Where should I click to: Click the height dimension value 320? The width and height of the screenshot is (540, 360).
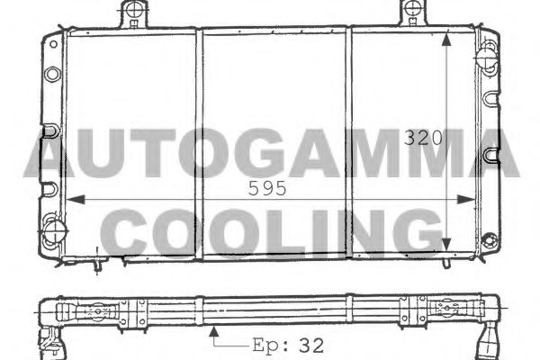422,139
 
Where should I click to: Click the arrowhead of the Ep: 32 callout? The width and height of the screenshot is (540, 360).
212,330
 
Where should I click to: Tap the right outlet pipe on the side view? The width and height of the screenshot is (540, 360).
491,340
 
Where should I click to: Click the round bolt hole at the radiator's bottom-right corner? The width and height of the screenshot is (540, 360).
490,240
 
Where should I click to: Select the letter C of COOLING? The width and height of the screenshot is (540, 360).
141,233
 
